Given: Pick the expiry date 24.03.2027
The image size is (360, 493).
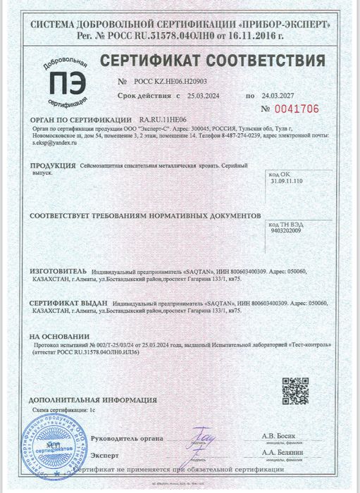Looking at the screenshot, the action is (x=275, y=94).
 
